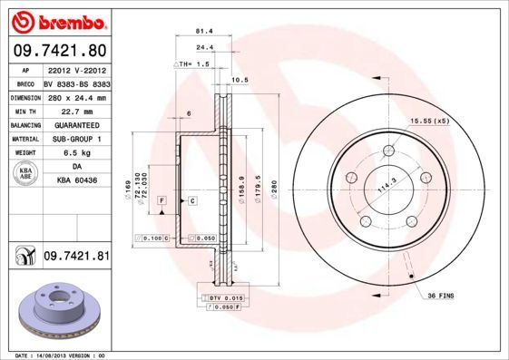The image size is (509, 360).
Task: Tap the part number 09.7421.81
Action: (76, 257)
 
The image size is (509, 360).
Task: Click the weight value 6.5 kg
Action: (76, 153)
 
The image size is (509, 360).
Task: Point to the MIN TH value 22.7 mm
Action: (76, 111)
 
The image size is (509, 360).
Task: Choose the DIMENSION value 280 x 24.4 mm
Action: (76, 97)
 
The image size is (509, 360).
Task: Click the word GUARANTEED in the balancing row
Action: (76, 125)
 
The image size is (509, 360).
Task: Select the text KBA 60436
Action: (76, 181)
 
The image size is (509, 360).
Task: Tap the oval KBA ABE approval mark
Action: (26, 174)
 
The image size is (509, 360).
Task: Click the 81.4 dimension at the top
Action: (205, 31)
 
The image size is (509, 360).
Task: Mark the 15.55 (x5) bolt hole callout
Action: (429, 121)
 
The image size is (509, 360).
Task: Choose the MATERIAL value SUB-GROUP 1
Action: (76, 139)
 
